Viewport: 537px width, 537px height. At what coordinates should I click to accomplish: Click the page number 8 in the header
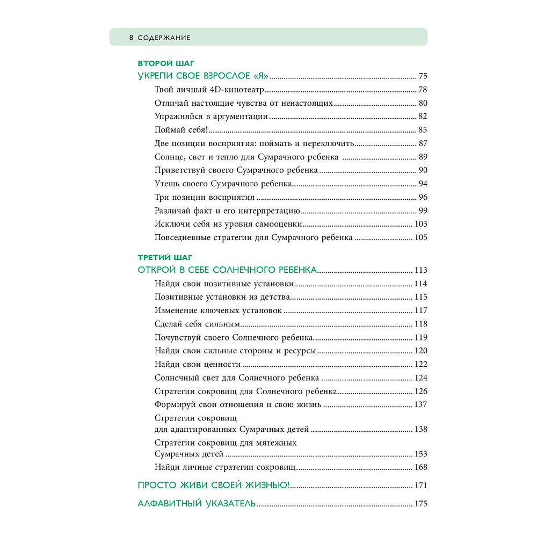click(x=131, y=38)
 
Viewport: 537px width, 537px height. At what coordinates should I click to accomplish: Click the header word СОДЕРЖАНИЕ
click(x=164, y=38)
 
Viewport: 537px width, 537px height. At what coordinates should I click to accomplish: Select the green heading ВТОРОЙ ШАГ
click(x=166, y=63)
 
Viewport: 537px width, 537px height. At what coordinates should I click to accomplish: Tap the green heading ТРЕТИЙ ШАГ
click(x=165, y=258)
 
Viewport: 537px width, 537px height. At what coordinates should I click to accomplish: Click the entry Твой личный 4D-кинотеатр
click(x=211, y=90)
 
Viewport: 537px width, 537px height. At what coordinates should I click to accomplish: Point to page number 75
click(x=423, y=76)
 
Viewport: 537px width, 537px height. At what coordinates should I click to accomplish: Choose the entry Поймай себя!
click(x=181, y=130)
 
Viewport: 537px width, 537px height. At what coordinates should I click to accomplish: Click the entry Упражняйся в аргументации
click(x=211, y=117)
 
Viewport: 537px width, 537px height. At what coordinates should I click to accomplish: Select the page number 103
click(x=421, y=224)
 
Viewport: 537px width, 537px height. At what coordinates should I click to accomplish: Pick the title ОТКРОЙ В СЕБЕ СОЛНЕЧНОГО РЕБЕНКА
click(x=228, y=270)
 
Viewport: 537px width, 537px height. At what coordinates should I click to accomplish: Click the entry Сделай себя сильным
click(x=196, y=324)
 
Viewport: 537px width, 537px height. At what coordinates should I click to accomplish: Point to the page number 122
click(x=421, y=364)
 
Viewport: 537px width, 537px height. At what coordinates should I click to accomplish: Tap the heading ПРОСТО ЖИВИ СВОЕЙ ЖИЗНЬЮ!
click(x=214, y=485)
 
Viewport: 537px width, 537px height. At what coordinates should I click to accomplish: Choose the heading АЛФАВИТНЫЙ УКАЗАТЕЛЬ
click(x=197, y=504)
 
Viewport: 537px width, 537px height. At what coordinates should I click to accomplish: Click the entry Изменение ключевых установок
click(x=218, y=310)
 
